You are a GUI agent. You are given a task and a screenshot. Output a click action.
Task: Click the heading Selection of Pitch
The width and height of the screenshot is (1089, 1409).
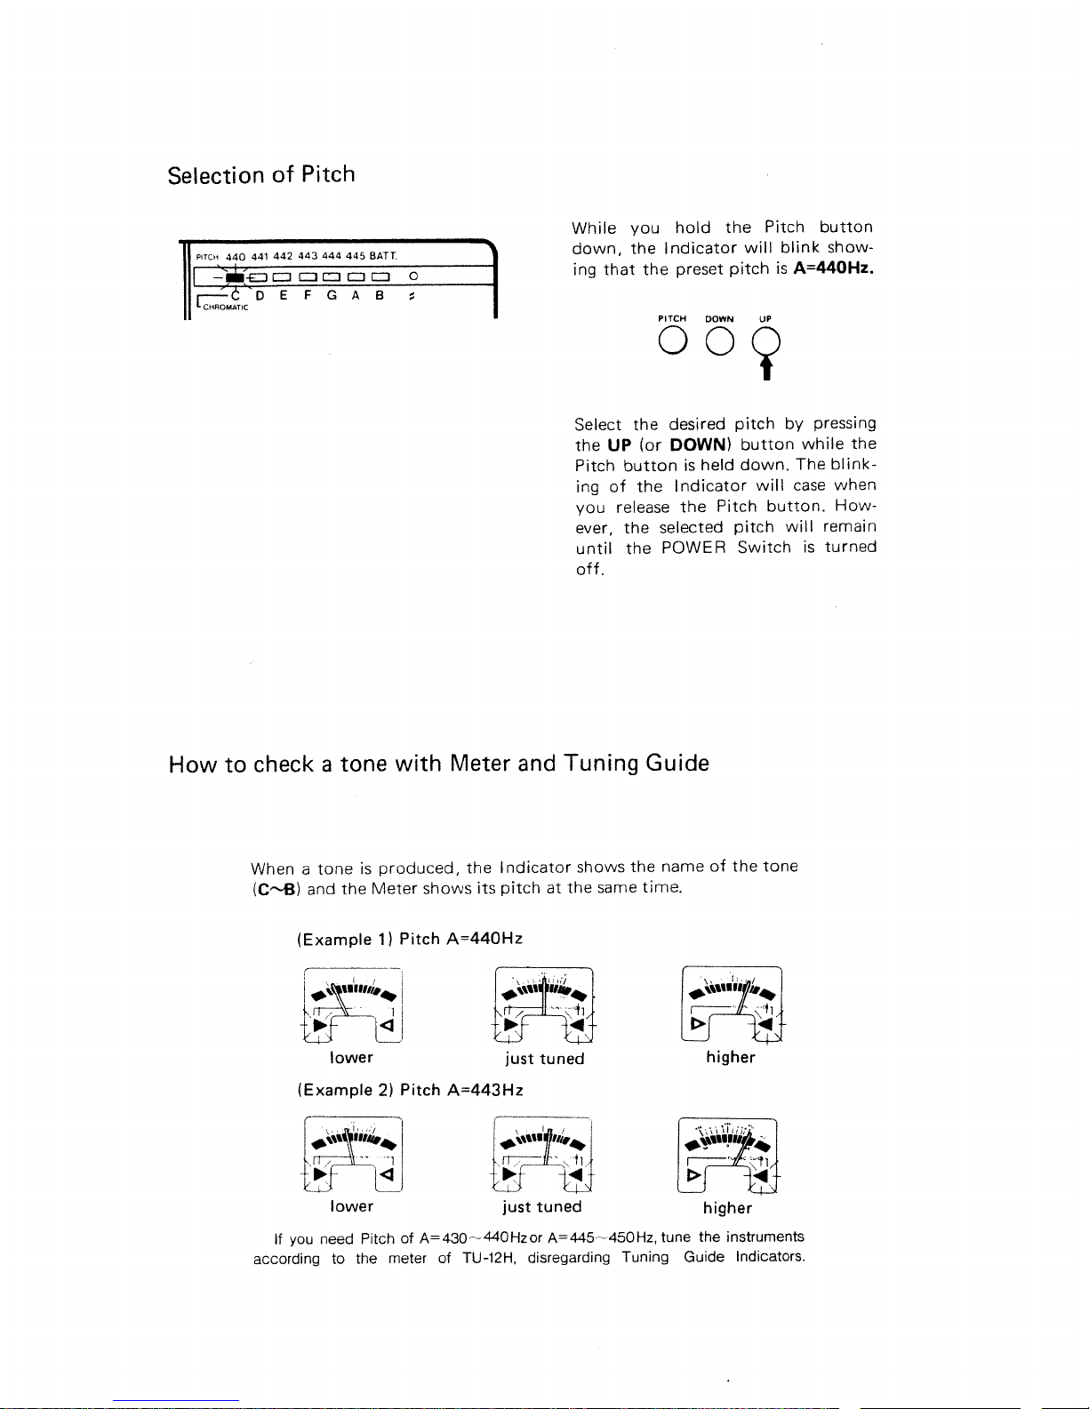click(x=261, y=174)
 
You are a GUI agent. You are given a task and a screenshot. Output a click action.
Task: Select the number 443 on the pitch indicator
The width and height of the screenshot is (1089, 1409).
click(x=308, y=256)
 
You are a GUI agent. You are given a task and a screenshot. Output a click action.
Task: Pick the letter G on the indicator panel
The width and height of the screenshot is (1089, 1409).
click(x=331, y=296)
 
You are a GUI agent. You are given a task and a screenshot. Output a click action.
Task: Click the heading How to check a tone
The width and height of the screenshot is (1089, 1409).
click(x=438, y=764)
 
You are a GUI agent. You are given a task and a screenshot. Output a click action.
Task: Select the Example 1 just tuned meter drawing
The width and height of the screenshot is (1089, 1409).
click(x=543, y=1004)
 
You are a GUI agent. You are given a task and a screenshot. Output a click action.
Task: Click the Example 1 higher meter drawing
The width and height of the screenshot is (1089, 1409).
click(x=731, y=1003)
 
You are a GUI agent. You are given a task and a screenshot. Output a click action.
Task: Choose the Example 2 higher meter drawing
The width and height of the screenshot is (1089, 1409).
click(x=728, y=1154)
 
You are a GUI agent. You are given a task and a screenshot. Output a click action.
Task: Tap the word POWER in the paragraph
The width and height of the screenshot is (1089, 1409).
click(x=694, y=548)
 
